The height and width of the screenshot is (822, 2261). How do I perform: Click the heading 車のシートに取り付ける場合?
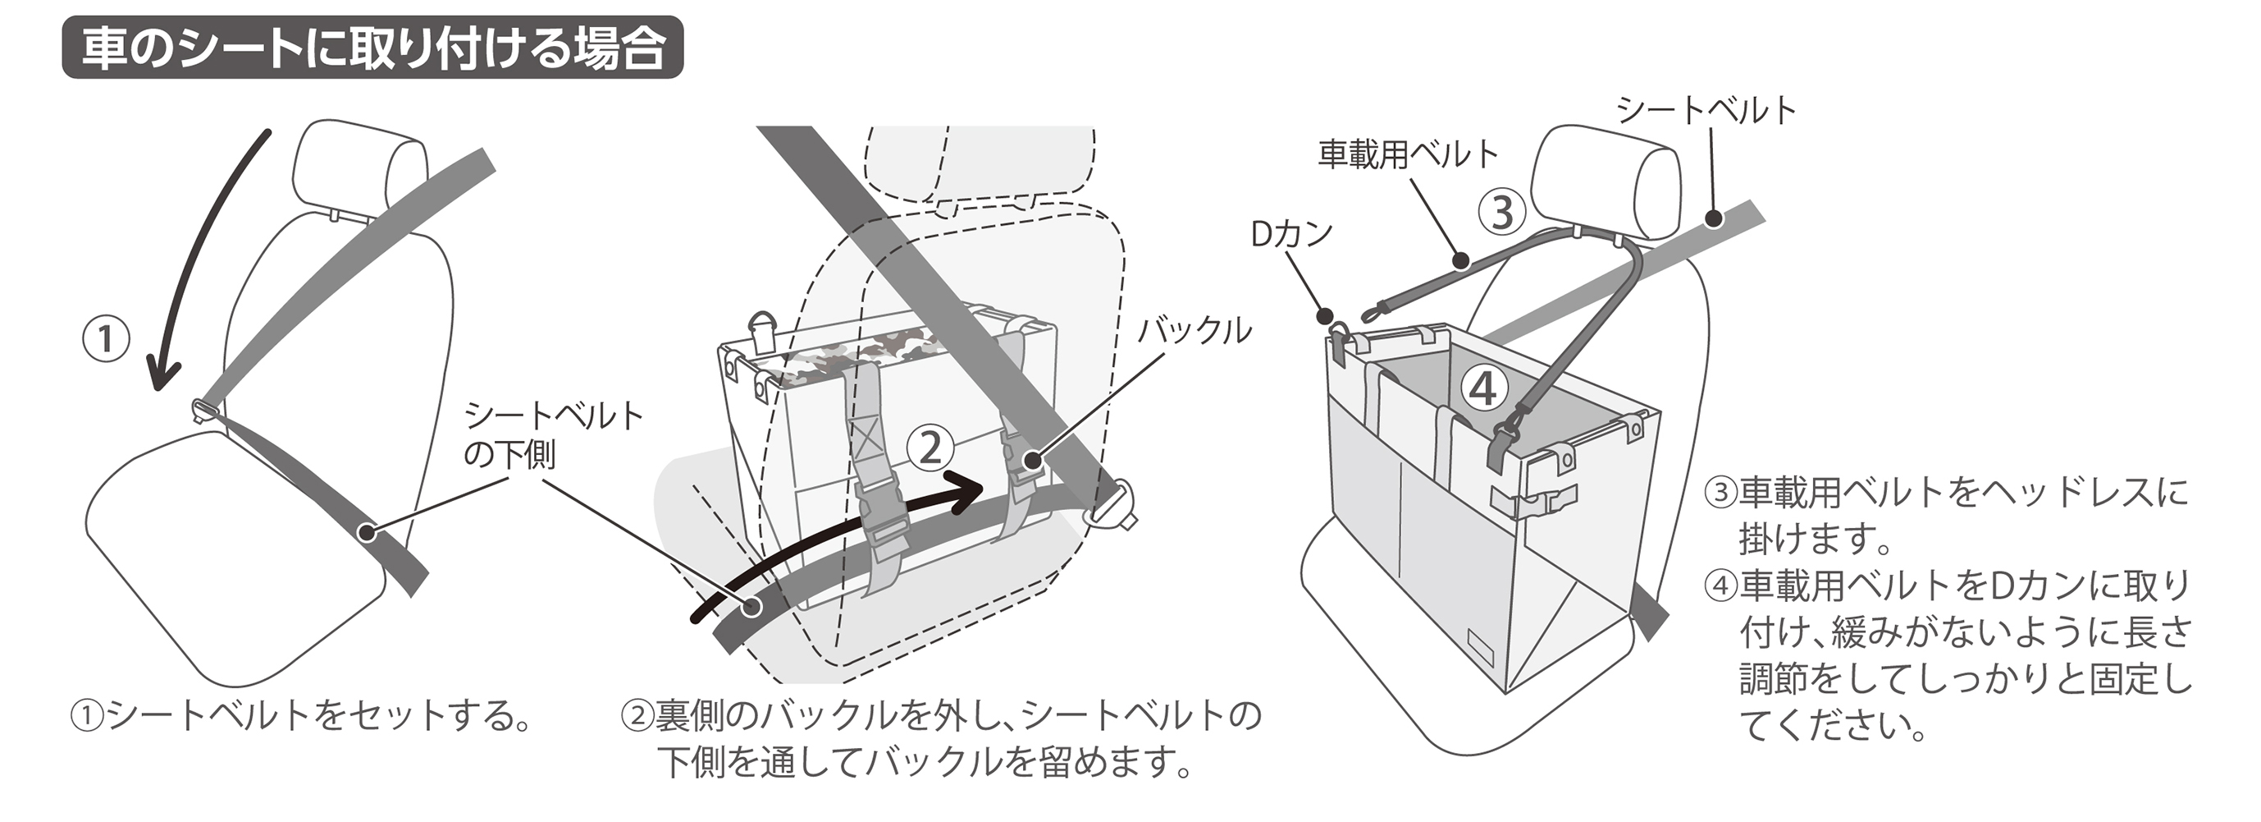pyautogui.click(x=372, y=48)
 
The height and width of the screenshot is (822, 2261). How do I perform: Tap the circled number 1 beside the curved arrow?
pyautogui.click(x=105, y=339)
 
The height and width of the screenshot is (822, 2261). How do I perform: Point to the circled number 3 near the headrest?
pyautogui.click(x=1502, y=212)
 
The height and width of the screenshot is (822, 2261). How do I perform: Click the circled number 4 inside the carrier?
pyautogui.click(x=1483, y=388)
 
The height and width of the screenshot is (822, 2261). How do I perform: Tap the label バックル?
pyautogui.click(x=1194, y=331)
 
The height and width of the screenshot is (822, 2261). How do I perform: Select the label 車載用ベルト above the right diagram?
pyautogui.click(x=1408, y=154)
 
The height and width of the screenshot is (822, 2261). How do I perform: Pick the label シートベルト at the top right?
pyautogui.click(x=1706, y=111)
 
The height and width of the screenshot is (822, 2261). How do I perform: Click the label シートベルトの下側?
pyautogui.click(x=553, y=434)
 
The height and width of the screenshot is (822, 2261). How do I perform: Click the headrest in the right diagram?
pyautogui.click(x=1606, y=180)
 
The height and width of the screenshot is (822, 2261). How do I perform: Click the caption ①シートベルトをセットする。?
pyautogui.click(x=301, y=716)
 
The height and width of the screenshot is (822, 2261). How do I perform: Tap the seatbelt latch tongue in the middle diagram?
pyautogui.click(x=1111, y=510)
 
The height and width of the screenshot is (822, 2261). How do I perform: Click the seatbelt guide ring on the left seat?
pyautogui.click(x=205, y=409)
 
